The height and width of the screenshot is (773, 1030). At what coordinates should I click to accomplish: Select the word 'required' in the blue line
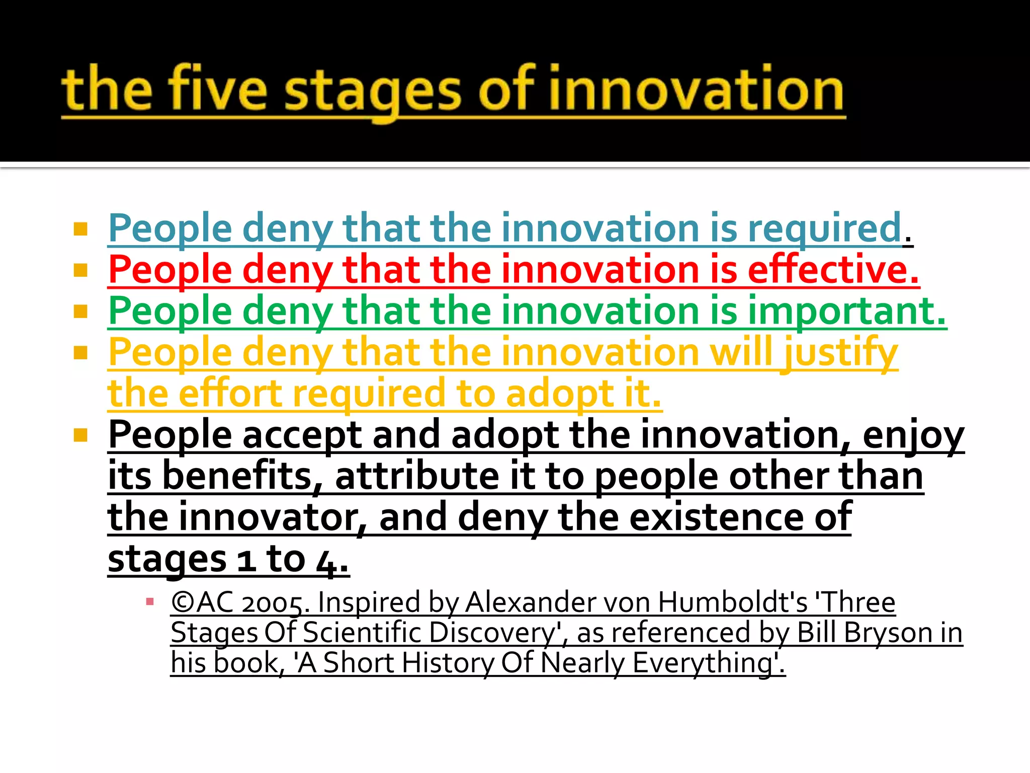click(x=825, y=229)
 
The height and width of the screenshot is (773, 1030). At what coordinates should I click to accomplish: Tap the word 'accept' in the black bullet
click(x=302, y=436)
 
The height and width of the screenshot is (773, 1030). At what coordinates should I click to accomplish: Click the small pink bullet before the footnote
click(x=149, y=601)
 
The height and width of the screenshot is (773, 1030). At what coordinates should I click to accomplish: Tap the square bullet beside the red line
click(x=80, y=271)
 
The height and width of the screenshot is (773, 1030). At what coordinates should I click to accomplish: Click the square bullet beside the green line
click(x=80, y=312)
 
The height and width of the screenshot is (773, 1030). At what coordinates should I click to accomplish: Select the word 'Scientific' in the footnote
click(x=362, y=633)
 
